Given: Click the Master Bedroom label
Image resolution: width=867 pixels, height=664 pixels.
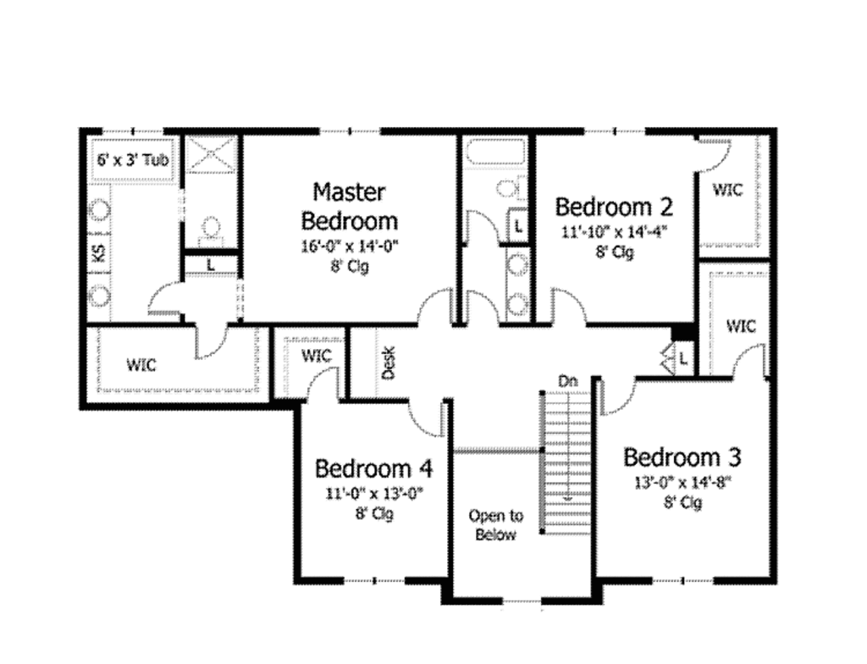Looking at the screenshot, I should click(350, 206).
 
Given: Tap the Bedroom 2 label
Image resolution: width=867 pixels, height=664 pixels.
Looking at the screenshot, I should click(614, 207).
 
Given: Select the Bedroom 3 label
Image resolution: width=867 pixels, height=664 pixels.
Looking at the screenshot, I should click(682, 458).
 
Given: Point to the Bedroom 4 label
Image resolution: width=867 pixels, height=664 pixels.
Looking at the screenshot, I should click(374, 468).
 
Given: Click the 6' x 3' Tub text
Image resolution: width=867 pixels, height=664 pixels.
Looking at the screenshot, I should click(131, 158).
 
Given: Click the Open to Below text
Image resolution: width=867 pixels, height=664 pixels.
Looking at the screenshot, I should click(496, 525).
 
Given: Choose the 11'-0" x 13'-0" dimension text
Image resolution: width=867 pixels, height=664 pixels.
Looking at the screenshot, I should click(373, 494).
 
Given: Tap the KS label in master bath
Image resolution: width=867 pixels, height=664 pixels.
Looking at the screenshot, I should click(98, 253).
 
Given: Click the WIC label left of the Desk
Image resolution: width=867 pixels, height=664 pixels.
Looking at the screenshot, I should click(315, 354).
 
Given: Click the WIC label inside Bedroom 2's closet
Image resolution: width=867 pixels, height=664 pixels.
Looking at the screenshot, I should click(727, 190).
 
